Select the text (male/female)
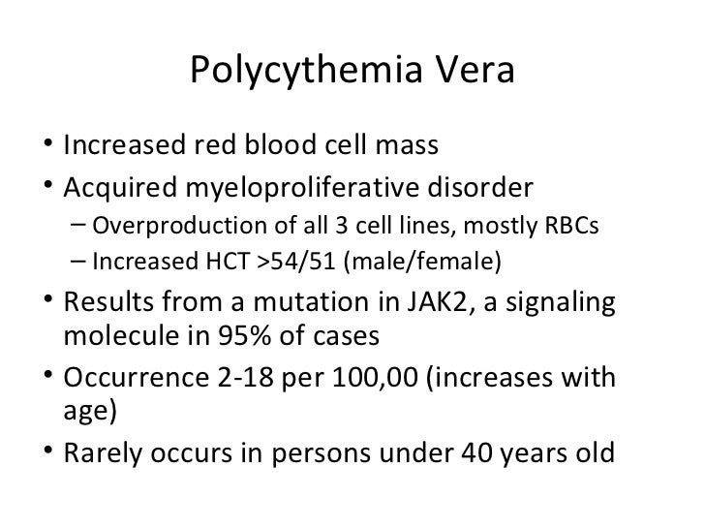421,261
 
